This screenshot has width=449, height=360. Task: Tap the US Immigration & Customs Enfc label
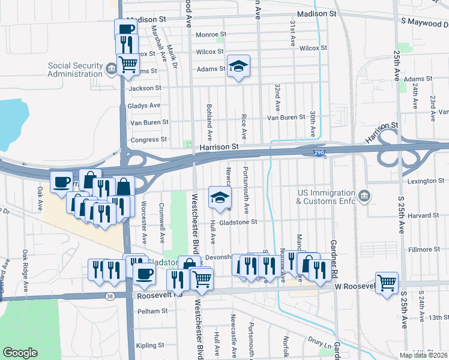click(326, 197)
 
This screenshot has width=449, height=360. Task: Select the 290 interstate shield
click(318, 153)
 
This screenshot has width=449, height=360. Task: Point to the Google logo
click(20, 353)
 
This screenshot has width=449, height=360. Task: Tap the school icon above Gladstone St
click(220, 197)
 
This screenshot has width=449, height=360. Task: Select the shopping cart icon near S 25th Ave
click(387, 282)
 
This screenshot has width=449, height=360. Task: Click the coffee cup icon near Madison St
click(126, 29)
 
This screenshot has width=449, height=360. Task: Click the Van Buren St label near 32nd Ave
click(286, 117)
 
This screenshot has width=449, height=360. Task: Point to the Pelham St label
click(152, 311)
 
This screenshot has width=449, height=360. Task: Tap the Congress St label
click(149, 140)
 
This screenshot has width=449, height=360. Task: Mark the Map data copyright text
click(424, 355)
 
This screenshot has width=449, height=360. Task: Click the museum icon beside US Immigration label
click(364, 196)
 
